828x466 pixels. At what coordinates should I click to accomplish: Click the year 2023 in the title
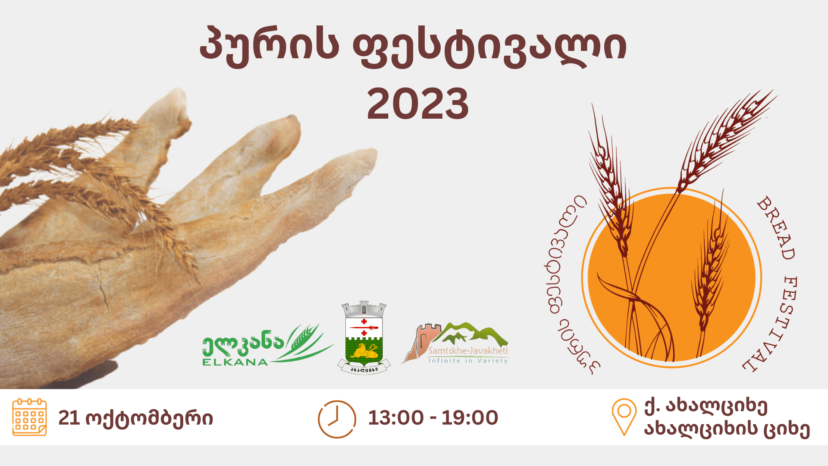(x=418, y=104)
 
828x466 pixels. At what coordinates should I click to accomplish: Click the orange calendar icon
(x=29, y=417)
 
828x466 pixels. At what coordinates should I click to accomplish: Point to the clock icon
(x=337, y=419)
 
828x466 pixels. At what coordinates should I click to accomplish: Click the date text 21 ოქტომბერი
(x=135, y=418)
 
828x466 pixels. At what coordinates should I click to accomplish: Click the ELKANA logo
(x=267, y=345)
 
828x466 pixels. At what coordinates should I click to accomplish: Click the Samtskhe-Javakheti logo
(x=455, y=343)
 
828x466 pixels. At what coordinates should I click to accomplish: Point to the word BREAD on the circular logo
(x=776, y=228)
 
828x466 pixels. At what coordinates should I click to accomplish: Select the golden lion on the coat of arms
(x=364, y=351)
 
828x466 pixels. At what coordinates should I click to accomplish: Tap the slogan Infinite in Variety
(x=468, y=360)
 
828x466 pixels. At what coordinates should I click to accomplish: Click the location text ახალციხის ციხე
(x=727, y=429)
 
